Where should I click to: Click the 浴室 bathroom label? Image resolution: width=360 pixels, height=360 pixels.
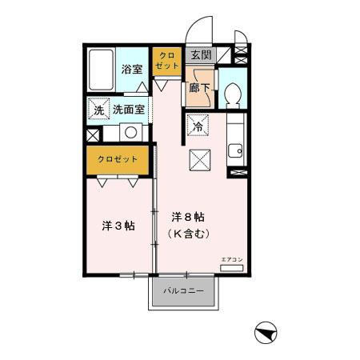[x=132, y=70]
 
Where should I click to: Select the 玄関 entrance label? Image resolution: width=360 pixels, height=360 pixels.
[x=200, y=55]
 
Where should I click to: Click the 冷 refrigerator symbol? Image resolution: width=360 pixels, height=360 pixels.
[x=198, y=124]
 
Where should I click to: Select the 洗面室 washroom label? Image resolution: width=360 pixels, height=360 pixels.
[x=128, y=110]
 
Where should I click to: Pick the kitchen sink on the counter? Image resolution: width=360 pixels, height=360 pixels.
[x=236, y=150]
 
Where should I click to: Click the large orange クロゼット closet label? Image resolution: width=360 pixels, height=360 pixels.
[x=118, y=159]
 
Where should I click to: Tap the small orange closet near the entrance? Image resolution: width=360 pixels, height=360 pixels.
[x=166, y=60]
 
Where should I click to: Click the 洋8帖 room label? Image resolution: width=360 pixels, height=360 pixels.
[x=190, y=218]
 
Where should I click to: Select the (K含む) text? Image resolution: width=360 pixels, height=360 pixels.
[x=190, y=234]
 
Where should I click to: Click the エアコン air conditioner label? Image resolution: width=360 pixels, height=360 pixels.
[x=230, y=258]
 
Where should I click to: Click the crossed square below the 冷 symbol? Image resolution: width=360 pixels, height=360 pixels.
[x=199, y=158]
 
